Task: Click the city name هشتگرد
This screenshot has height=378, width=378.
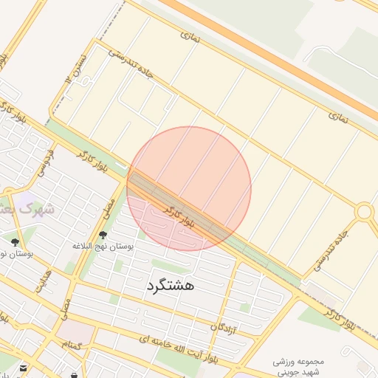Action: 170,285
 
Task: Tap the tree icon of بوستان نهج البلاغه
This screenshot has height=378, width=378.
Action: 102,236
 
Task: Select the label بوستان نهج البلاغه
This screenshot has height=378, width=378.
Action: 103,246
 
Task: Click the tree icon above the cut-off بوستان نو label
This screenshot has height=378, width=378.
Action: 14,242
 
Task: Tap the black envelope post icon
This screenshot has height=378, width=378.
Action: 24,367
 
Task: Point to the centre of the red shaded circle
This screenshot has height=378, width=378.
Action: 189,188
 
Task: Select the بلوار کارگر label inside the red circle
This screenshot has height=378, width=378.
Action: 181,215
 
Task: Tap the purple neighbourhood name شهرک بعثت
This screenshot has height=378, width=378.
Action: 30,209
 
